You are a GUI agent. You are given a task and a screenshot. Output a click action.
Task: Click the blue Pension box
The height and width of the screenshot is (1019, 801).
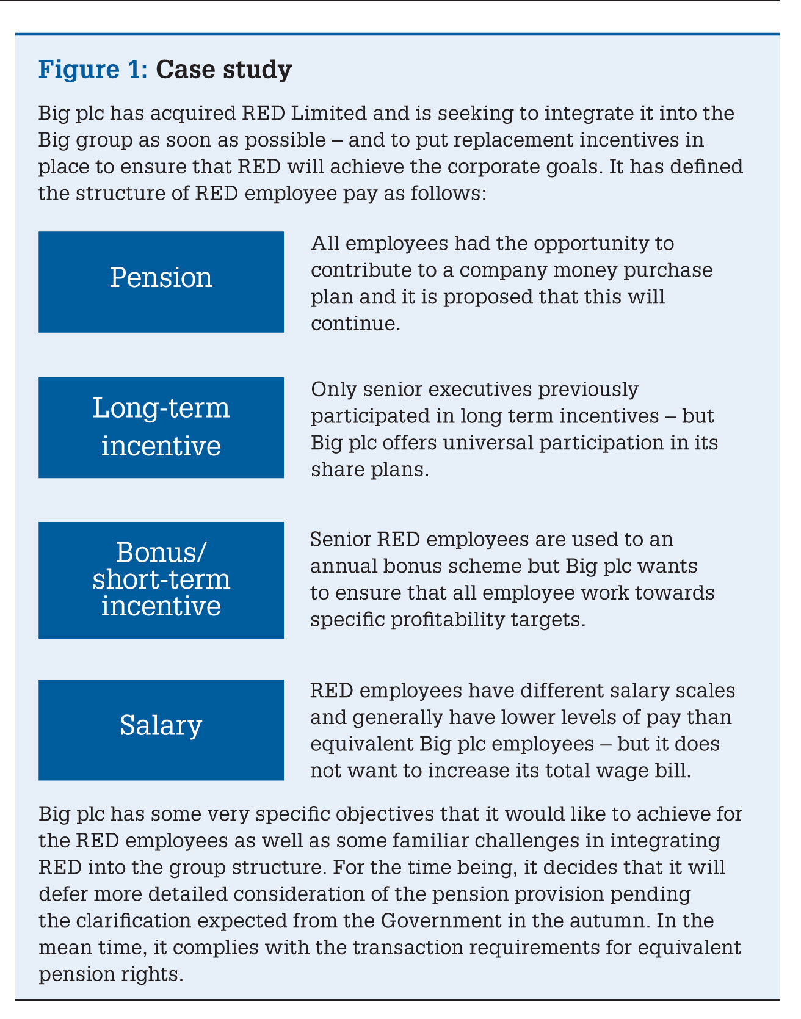[161, 281]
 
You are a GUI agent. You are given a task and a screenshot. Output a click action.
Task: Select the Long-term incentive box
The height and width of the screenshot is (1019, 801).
[161, 427]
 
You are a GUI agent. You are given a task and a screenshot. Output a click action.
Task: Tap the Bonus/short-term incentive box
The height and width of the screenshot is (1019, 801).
[161, 579]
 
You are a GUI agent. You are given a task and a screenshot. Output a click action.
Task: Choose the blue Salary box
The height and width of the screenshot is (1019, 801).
[161, 729]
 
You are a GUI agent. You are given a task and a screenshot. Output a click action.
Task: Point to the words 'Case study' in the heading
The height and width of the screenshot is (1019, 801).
[223, 70]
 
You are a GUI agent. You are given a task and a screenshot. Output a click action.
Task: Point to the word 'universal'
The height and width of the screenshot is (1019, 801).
[496, 442]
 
